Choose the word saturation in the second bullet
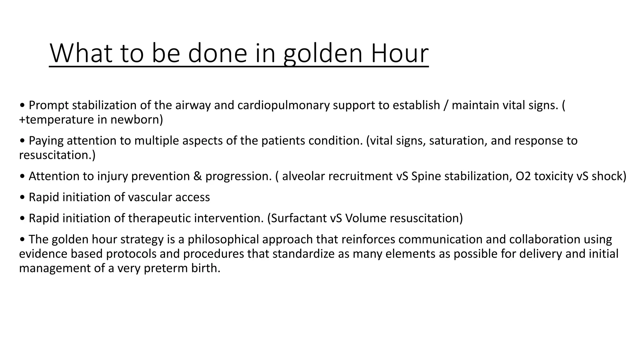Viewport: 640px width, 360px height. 457,141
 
